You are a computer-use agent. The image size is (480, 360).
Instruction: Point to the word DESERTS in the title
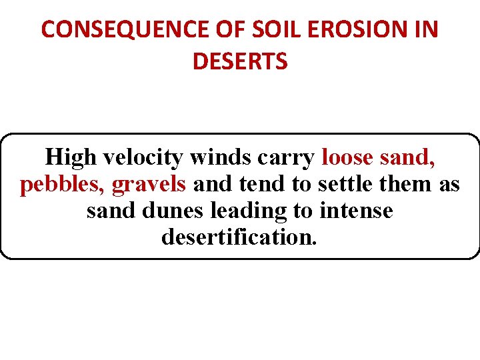[x=240, y=61]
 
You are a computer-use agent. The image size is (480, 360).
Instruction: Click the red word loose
[x=347, y=157]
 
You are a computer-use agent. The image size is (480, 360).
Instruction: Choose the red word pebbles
[x=59, y=184]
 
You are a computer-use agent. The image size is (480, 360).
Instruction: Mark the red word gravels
[x=149, y=184]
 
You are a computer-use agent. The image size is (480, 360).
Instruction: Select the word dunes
[x=175, y=211]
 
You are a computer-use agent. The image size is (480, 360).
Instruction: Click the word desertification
[x=239, y=237]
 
